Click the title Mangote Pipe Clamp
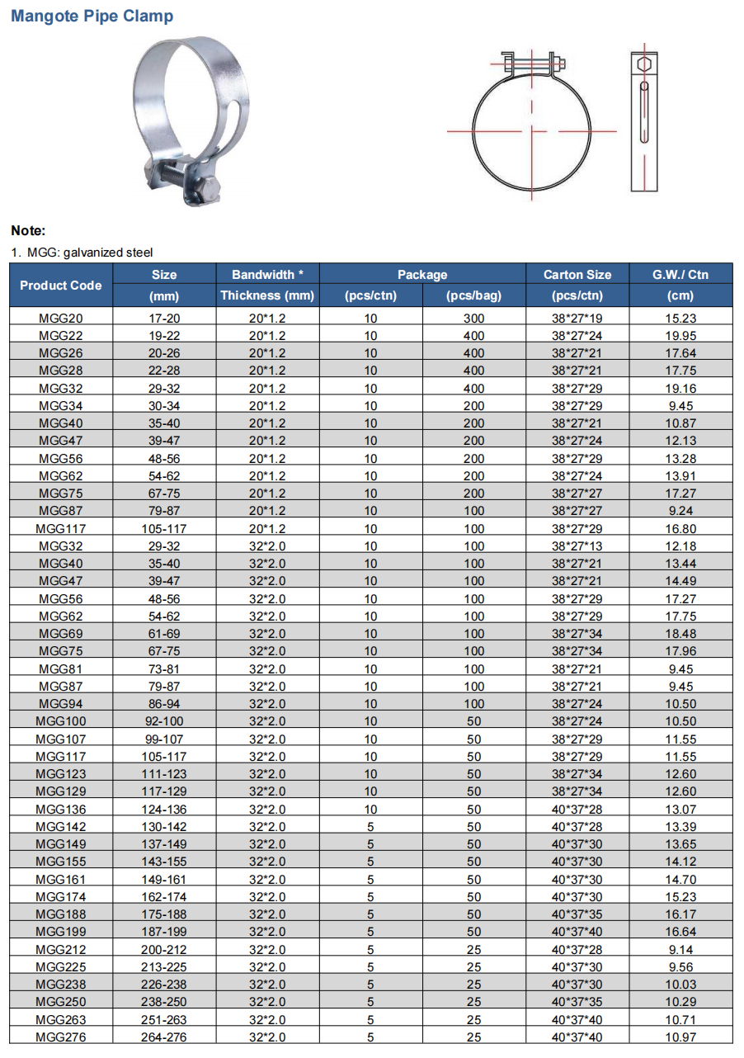(x=92, y=16)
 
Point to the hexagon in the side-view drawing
(x=645, y=64)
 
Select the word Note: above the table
(x=28, y=231)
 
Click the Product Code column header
(x=61, y=285)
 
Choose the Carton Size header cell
(x=577, y=274)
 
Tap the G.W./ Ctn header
(x=680, y=274)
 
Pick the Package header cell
(x=422, y=274)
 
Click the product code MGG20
(x=61, y=318)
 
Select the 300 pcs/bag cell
(x=474, y=318)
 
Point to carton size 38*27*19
(x=577, y=318)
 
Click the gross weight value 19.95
(x=681, y=335)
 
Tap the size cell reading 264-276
(x=164, y=1037)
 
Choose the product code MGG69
(x=61, y=634)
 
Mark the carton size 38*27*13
(x=577, y=546)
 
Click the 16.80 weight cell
(x=681, y=528)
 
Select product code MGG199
(x=61, y=932)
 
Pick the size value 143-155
(x=164, y=862)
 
